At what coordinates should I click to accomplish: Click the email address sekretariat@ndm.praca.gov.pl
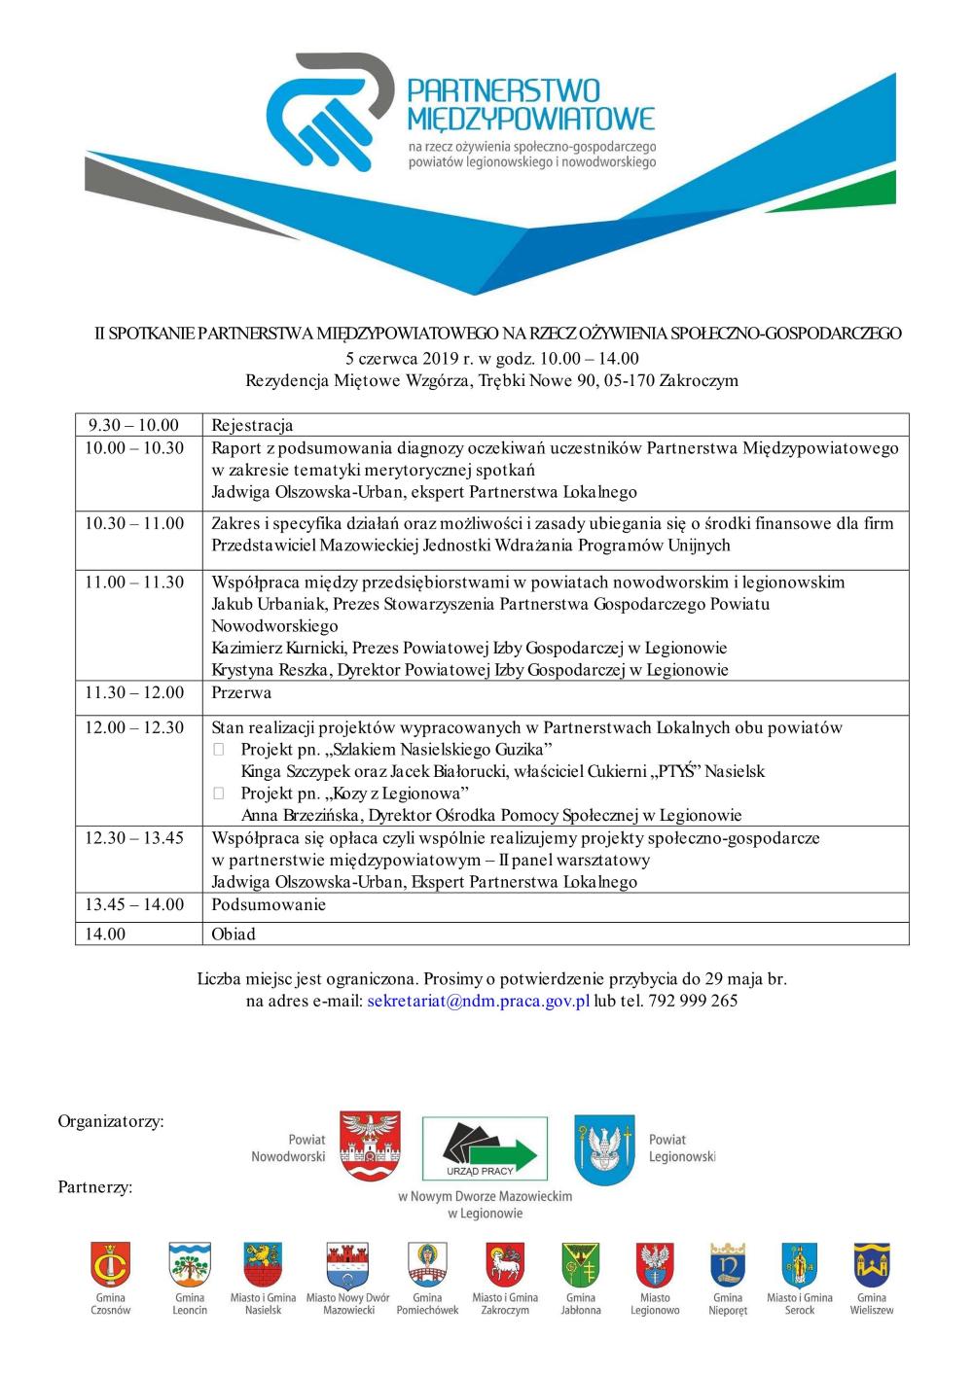(479, 1001)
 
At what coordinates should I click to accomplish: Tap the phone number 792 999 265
(692, 1001)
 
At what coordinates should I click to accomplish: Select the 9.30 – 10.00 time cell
(133, 425)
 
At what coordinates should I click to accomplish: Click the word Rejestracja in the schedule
(252, 425)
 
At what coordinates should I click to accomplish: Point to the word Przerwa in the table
(241, 693)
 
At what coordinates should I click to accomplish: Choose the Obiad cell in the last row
(234, 934)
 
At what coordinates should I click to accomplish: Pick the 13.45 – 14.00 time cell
(134, 905)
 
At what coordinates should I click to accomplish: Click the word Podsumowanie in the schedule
(269, 905)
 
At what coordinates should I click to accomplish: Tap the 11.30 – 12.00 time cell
(134, 693)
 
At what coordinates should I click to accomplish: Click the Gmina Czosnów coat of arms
(110, 1266)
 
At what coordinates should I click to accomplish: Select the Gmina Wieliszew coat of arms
(872, 1265)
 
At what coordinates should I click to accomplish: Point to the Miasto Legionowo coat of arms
(655, 1266)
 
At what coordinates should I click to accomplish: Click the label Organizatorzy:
(111, 1121)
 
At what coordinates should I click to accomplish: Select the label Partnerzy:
(95, 1186)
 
